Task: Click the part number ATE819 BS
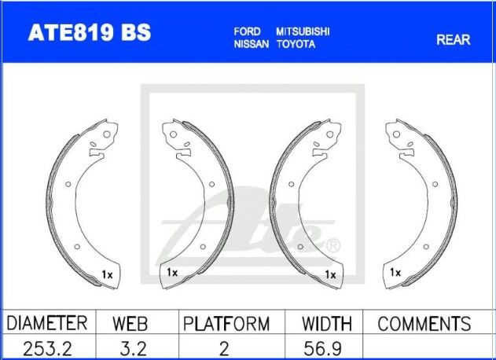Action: [90, 32]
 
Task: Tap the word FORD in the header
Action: [247, 31]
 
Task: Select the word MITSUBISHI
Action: [303, 31]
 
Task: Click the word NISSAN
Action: [252, 44]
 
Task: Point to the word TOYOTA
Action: [296, 44]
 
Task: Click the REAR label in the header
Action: [454, 39]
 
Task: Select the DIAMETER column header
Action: [47, 323]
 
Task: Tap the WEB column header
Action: [130, 324]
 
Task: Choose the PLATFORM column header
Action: [226, 324]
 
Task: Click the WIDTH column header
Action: [327, 324]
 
